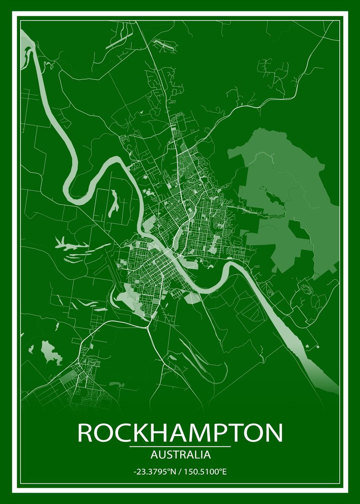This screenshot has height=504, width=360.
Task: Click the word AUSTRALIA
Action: (x=180, y=454)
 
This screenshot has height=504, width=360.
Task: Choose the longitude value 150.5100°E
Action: (x=205, y=472)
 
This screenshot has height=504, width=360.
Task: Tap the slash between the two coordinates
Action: (x=180, y=472)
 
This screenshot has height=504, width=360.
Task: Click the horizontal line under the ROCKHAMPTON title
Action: (x=180, y=446)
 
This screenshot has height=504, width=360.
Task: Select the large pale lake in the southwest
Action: (x=50, y=352)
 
